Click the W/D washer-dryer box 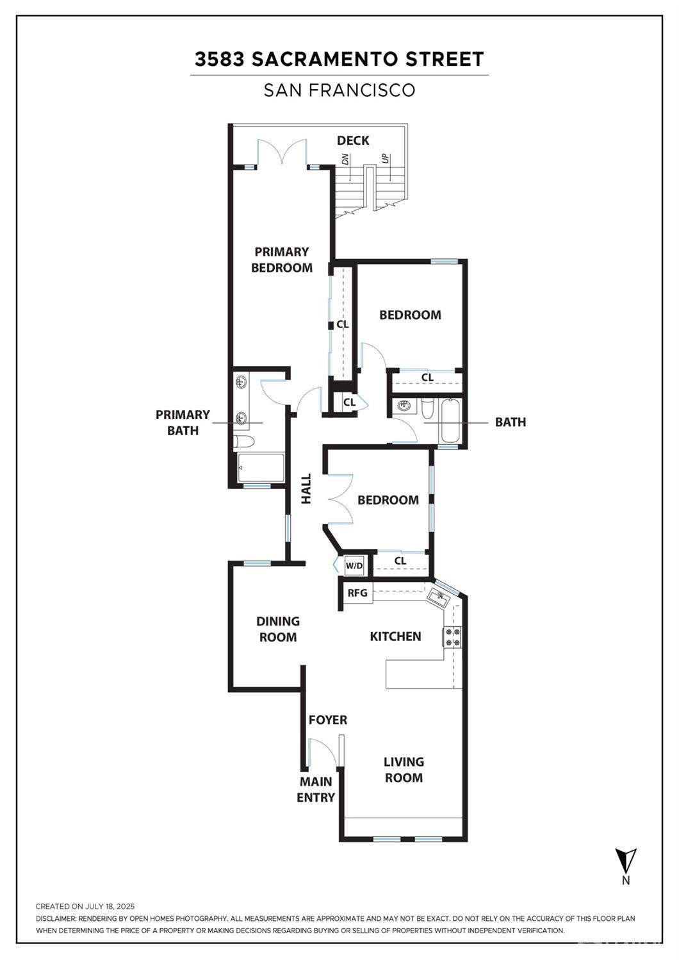pyautogui.click(x=354, y=566)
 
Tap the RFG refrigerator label pyautogui.click(x=357, y=593)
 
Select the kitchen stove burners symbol pyautogui.click(x=452, y=636)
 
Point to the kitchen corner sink pyautogui.click(x=438, y=597)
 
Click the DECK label pyautogui.click(x=353, y=140)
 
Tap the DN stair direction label pyautogui.click(x=345, y=159)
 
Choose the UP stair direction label pyautogui.click(x=385, y=158)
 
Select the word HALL pyautogui.click(x=306, y=488)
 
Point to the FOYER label pyautogui.click(x=328, y=720)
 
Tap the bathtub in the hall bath pyautogui.click(x=450, y=421)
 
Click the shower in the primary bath pyautogui.click(x=261, y=467)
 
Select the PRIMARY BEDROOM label pyautogui.click(x=282, y=260)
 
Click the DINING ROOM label pyautogui.click(x=278, y=629)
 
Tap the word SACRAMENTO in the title pyautogui.click(x=325, y=59)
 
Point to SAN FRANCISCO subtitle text pyautogui.click(x=339, y=90)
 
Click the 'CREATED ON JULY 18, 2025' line pyautogui.click(x=85, y=906)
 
